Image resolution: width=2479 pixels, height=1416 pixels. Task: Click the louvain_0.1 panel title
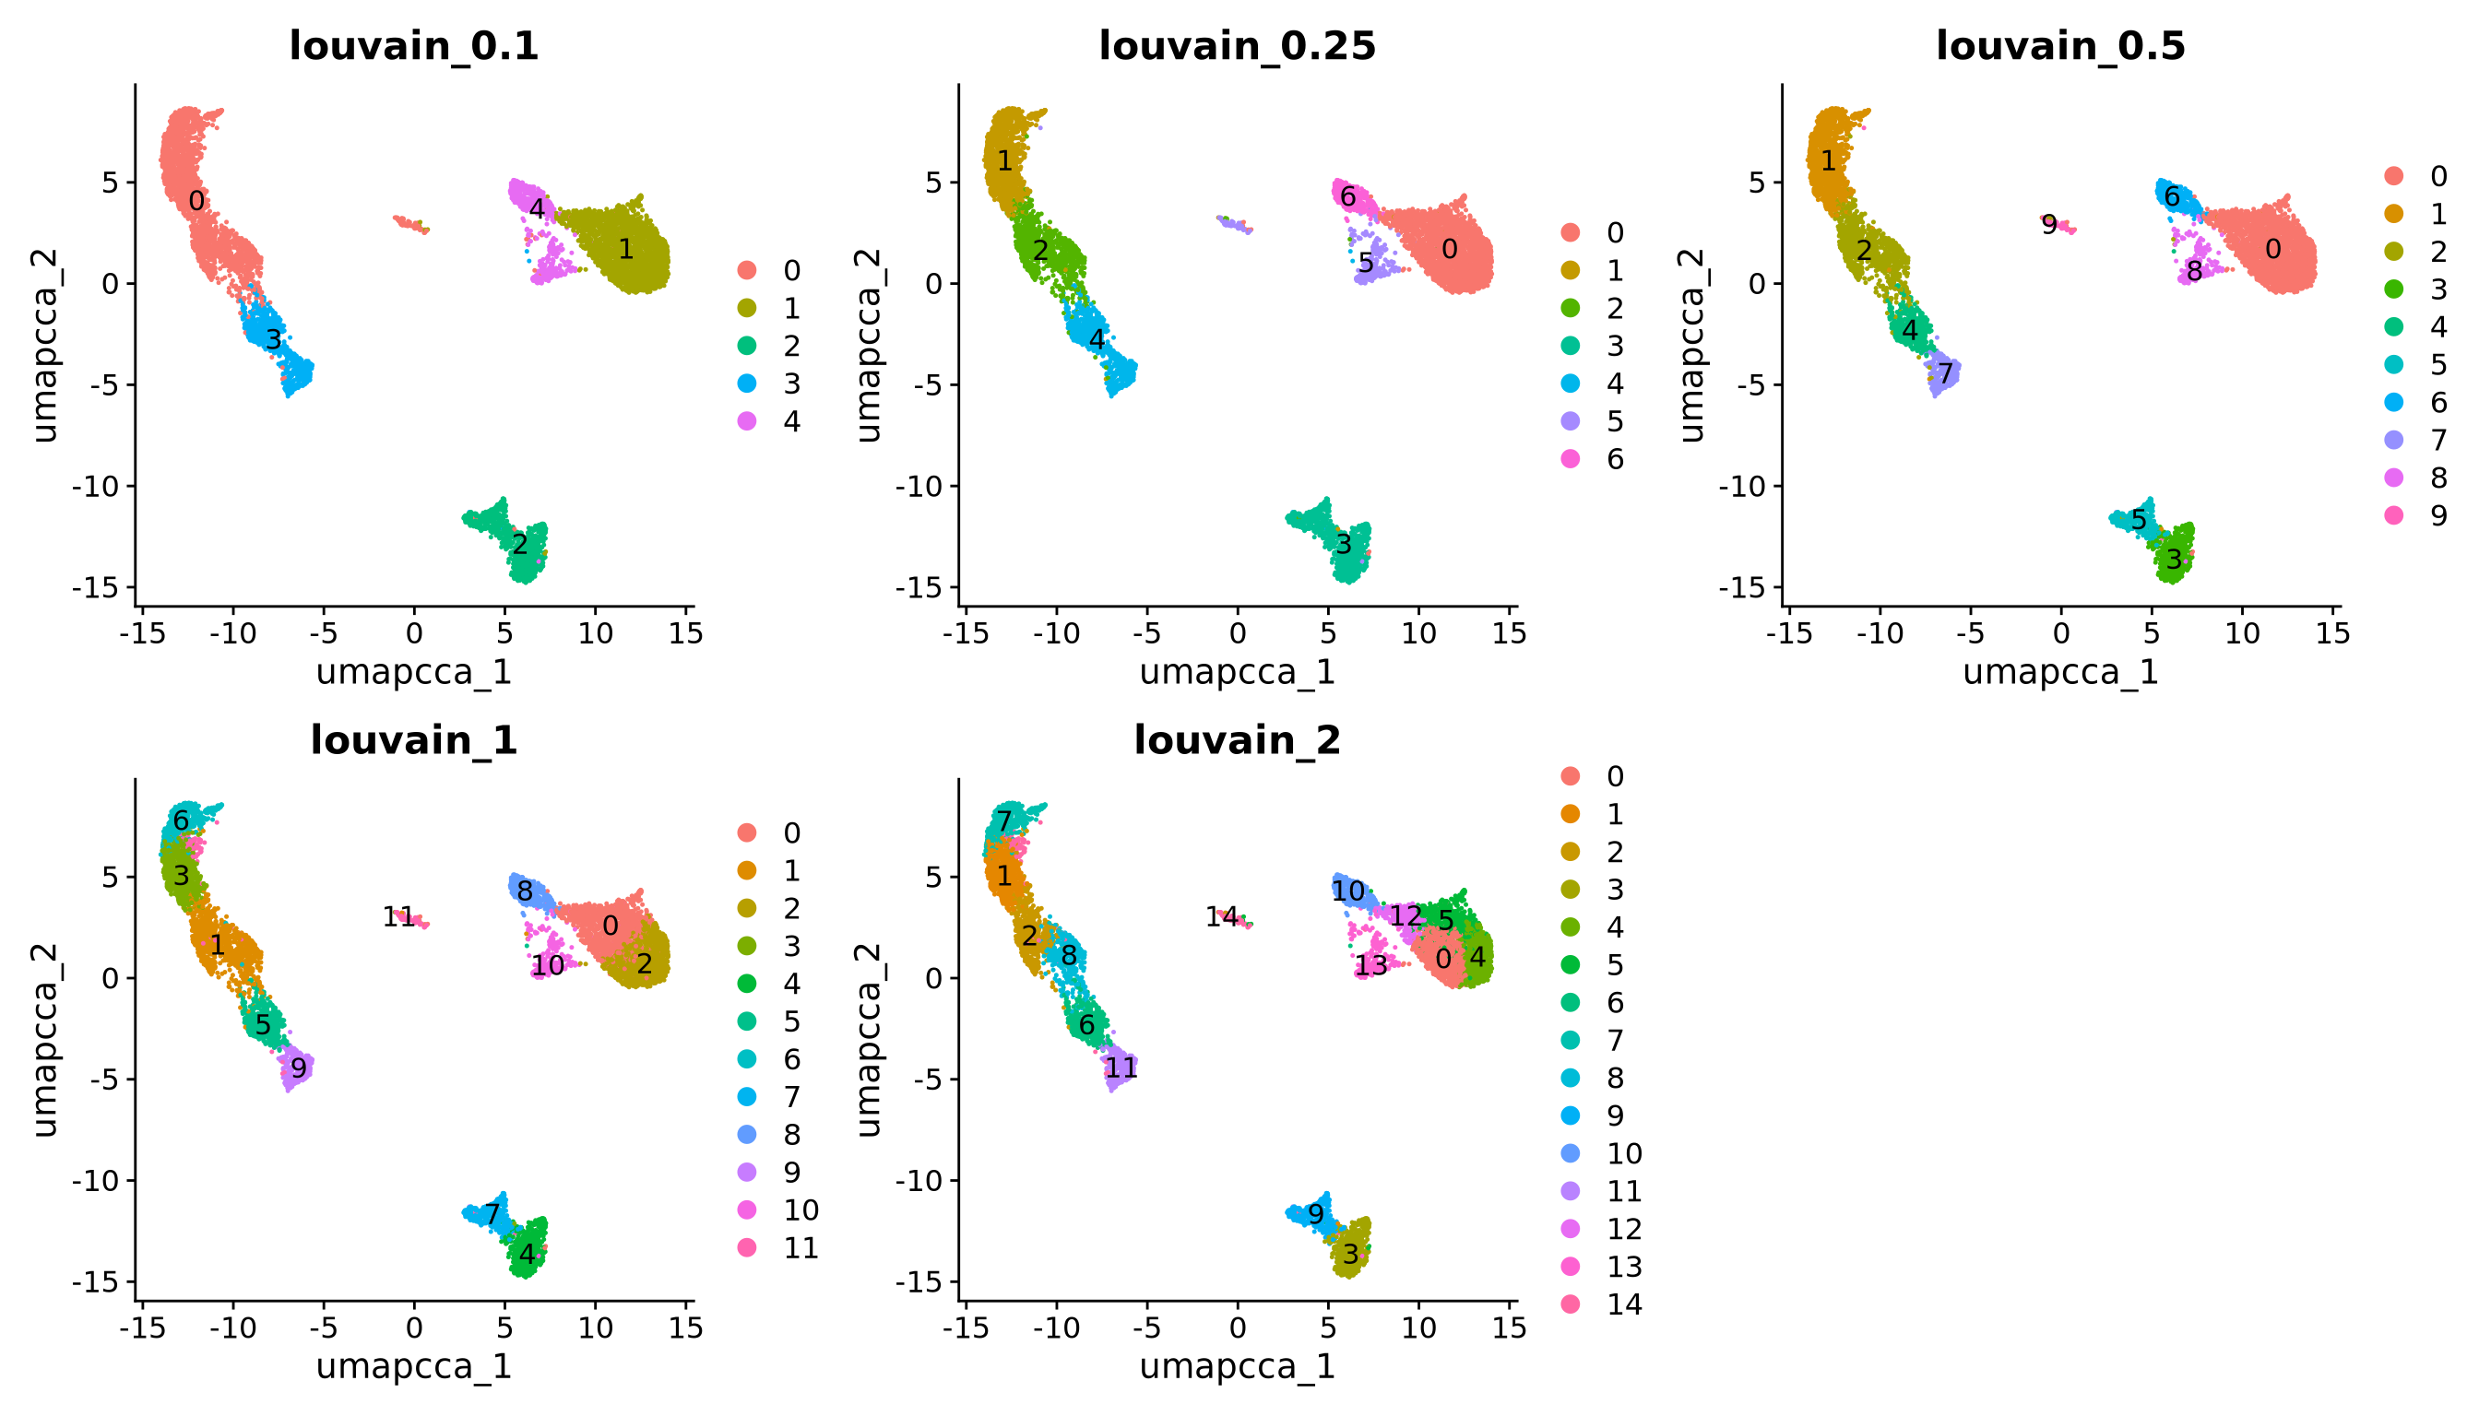coord(413,46)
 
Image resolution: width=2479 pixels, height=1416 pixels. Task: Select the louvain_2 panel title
coord(1237,740)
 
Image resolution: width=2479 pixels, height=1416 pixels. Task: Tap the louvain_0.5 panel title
coord(2060,46)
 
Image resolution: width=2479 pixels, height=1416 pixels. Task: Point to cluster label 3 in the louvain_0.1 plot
coord(273,339)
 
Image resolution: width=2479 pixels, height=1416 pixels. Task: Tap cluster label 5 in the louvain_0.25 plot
coord(1366,263)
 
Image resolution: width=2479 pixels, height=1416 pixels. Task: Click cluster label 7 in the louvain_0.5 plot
coord(1945,373)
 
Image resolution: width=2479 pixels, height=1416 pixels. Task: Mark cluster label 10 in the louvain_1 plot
coord(549,966)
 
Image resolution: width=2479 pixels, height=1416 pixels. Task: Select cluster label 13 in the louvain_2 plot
coord(1370,966)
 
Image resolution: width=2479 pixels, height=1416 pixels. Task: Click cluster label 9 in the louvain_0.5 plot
coord(2049,226)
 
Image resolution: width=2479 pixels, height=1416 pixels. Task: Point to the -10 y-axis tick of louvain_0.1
coord(94,486)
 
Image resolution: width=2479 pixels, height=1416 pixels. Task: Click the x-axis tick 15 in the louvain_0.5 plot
coord(2332,634)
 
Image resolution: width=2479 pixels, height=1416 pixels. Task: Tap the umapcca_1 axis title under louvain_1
coord(413,1366)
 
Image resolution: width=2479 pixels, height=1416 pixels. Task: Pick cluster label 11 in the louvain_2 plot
coord(1121,1068)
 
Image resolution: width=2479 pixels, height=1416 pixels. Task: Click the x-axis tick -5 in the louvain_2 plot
coord(1147,1328)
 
